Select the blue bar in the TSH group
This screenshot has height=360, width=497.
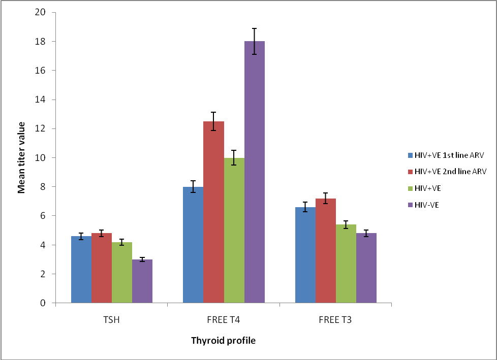click(x=81, y=270)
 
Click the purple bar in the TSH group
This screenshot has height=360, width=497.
click(x=142, y=281)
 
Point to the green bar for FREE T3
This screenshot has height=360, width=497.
click(x=346, y=264)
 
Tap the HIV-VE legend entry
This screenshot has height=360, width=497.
click(x=427, y=205)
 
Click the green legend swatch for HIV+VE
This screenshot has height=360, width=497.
click(x=409, y=188)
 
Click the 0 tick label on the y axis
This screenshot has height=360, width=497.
click(x=44, y=303)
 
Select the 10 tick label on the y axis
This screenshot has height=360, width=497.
click(x=41, y=157)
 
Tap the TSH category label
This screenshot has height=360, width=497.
click(x=111, y=320)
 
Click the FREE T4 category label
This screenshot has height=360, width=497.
click(x=224, y=320)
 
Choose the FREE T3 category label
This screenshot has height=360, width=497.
click(x=335, y=320)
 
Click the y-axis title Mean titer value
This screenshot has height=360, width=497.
click(x=22, y=157)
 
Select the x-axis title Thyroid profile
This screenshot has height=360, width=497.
click(x=223, y=341)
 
